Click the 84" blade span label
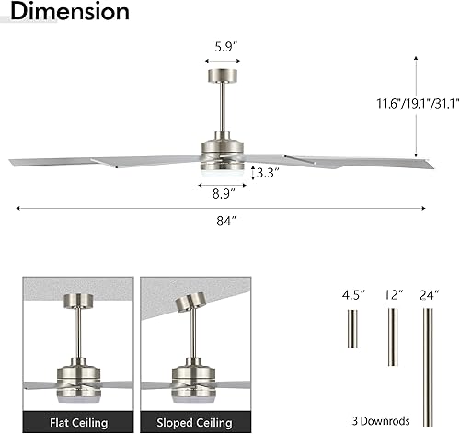click(221, 221)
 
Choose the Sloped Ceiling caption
click(194, 422)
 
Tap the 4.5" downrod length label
click(352, 296)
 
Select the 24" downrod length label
click(427, 296)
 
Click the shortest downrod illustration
click(352, 328)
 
